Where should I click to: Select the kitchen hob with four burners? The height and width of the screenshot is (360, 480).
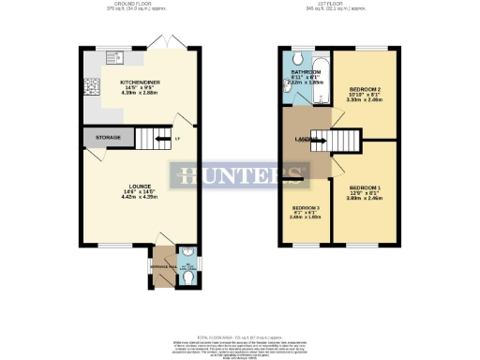point(91,90)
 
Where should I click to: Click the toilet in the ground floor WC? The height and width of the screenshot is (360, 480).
point(186,253)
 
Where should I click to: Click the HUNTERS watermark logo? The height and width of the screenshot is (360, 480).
point(239,175)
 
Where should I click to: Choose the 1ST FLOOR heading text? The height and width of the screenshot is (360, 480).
point(335,5)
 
